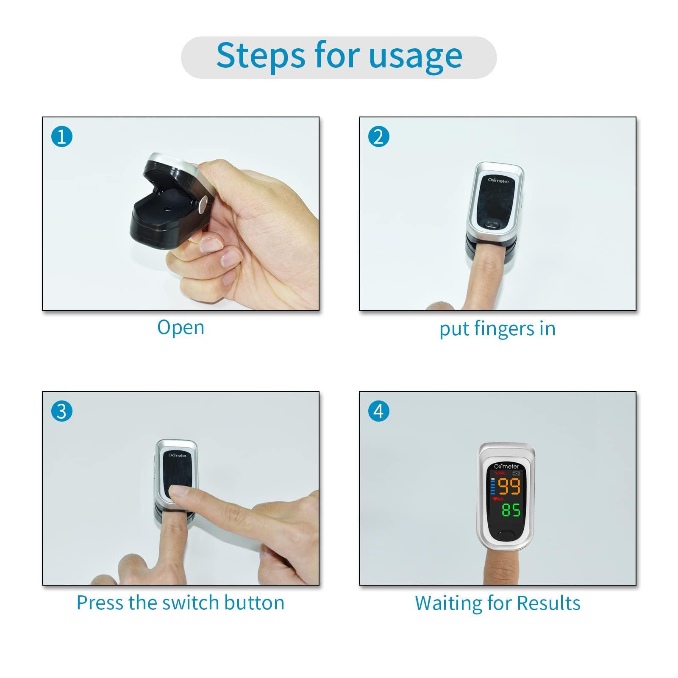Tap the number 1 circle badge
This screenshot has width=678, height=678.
point(62,137)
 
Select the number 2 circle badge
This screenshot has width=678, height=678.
point(379,137)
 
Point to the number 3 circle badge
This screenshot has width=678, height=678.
point(62,411)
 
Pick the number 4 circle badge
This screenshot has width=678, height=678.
point(379,411)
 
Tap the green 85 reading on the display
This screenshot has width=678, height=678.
point(511,510)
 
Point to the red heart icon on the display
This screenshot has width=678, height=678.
point(495,499)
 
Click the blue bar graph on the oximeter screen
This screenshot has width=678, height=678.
point(493,486)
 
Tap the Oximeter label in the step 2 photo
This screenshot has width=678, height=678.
point(498,181)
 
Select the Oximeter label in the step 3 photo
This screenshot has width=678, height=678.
point(177,456)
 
